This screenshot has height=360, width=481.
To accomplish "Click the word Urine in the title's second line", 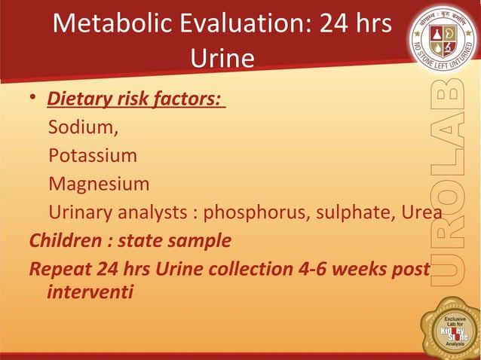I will [222, 58].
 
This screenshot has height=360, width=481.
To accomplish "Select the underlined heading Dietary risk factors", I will [136, 99].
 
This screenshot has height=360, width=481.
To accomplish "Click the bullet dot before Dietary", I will [34, 99].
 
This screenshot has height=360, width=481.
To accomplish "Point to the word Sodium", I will [83, 127].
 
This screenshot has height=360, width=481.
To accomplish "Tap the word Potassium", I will [93, 156].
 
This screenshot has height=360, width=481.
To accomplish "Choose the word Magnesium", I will [99, 185].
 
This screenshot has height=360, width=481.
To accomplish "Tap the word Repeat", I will [57, 269].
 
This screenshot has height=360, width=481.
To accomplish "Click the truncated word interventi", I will [90, 291].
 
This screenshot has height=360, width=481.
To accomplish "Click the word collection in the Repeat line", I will [220, 269].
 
